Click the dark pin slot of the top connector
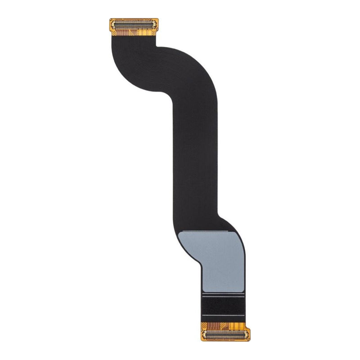134,24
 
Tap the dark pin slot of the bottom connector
225,335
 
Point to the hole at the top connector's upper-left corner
111,19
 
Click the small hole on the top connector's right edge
157,29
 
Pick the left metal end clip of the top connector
113,24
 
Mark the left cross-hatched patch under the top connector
114,33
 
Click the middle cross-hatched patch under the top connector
131,33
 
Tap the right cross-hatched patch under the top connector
153,32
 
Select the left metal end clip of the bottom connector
204,335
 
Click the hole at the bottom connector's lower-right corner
249,340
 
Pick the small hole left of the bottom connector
202,329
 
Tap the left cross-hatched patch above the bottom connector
204,325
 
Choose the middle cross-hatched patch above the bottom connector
222,324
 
